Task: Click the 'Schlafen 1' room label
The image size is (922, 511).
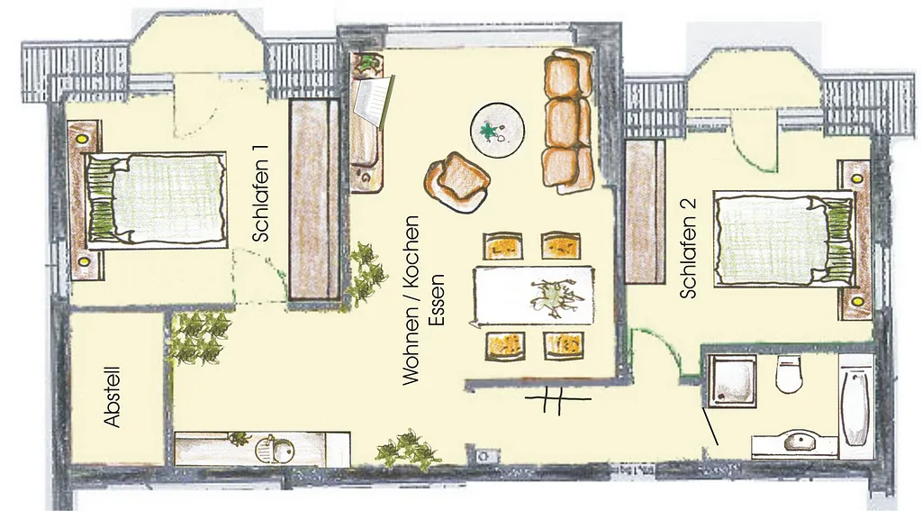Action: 261,193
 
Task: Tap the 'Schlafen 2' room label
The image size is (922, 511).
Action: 687,248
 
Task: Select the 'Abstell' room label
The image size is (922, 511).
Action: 113,397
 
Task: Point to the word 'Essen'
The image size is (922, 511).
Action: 437,300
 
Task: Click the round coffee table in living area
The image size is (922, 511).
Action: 497,130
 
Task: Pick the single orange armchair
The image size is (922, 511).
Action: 457,182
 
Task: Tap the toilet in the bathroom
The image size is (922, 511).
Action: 789,374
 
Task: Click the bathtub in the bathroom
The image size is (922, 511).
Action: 855,407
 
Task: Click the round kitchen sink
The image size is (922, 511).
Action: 275,450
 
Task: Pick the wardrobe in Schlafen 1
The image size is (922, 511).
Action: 314,199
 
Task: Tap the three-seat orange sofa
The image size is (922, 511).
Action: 567,122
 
